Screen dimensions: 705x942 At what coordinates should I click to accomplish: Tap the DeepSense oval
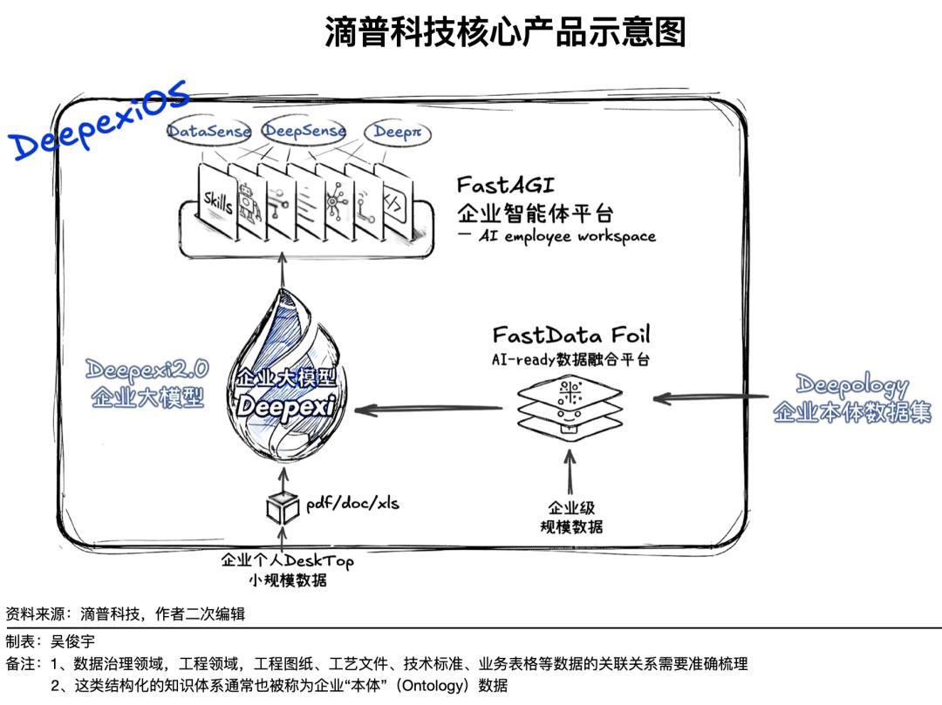click(x=304, y=132)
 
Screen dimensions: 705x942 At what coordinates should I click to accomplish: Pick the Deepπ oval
click(x=398, y=132)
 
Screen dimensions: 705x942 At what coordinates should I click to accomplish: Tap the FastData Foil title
click(x=571, y=336)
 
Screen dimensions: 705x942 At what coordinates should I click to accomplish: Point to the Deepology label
click(x=852, y=385)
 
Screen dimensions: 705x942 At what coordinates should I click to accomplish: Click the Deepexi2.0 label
click(x=147, y=371)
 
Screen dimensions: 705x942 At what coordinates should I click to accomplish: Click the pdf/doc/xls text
click(x=352, y=504)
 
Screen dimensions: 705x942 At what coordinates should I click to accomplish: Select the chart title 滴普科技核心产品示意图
click(x=505, y=32)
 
